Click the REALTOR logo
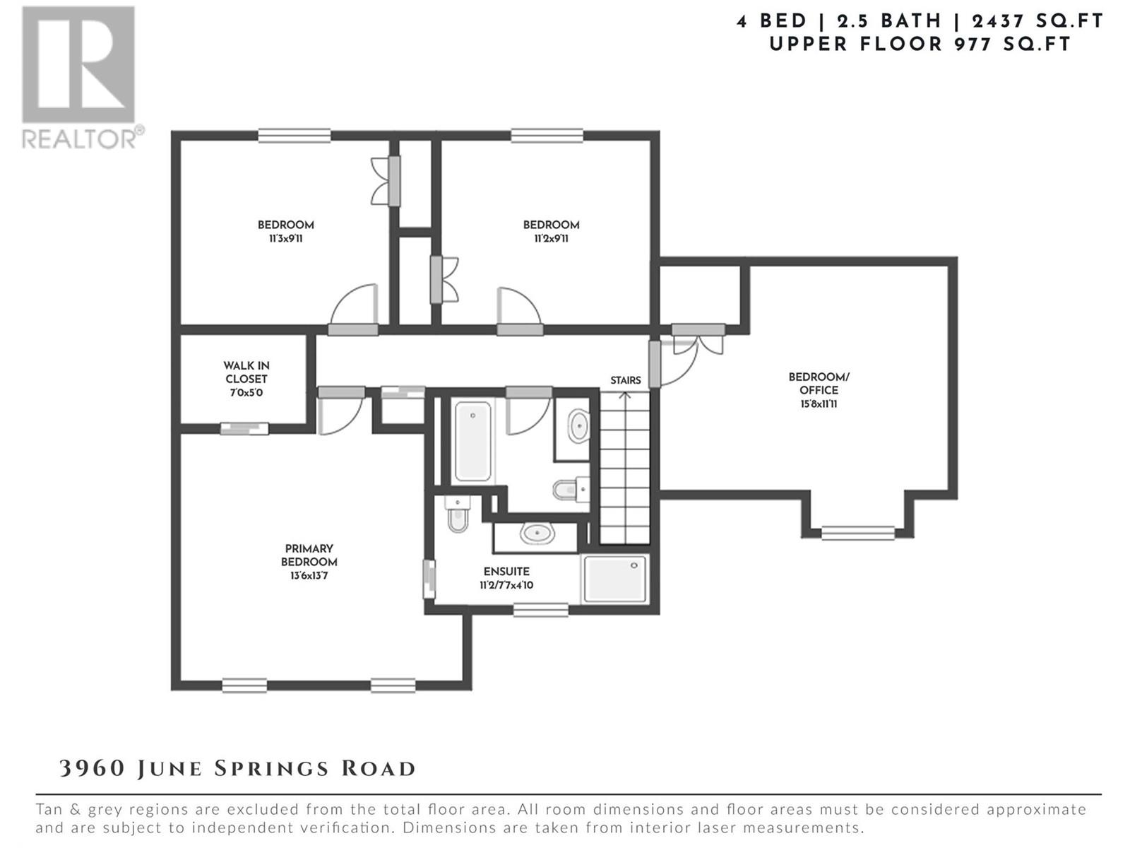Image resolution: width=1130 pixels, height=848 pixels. click(82, 77)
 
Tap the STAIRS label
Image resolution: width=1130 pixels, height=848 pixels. click(626, 380)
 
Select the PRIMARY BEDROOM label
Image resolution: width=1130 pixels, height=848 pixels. click(309, 555)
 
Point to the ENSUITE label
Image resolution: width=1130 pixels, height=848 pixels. click(506, 572)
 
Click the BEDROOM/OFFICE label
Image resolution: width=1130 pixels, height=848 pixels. click(819, 384)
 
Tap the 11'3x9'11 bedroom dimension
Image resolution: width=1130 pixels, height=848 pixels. click(285, 239)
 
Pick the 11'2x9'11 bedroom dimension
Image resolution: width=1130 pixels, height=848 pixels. click(551, 239)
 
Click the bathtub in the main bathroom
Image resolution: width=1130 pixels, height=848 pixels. click(472, 441)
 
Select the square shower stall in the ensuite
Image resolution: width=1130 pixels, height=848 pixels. click(614, 577)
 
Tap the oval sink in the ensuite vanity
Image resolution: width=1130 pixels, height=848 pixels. click(537, 534)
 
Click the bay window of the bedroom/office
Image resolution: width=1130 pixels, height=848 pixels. click(857, 533)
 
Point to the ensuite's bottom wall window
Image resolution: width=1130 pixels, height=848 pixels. click(540, 610)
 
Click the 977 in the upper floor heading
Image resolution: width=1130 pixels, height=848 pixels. click(973, 45)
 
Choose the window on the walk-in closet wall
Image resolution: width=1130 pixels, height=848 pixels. click(244, 428)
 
